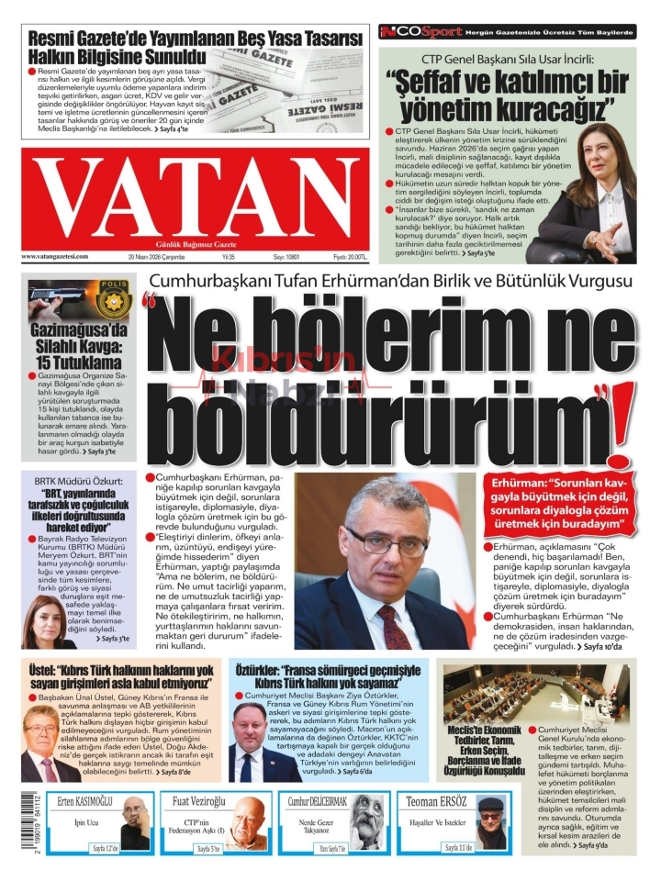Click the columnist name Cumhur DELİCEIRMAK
point(319,801)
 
